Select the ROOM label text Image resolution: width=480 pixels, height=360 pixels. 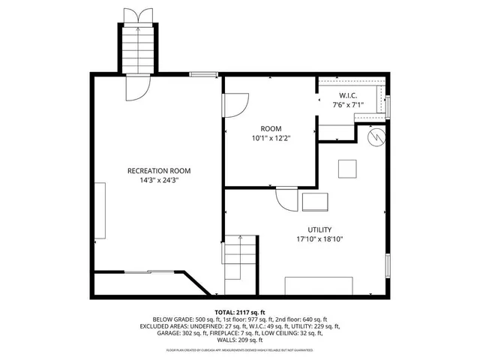[271, 128]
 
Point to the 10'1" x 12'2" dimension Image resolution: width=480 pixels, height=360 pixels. [271, 139]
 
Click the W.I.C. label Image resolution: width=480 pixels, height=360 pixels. [347, 95]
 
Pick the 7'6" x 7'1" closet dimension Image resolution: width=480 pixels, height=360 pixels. [347, 106]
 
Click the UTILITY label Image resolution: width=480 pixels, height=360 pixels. [319, 229]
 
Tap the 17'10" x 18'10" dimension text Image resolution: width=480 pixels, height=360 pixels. [319, 240]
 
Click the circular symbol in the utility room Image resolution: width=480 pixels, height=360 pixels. [376, 137]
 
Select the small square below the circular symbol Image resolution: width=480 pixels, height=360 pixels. [347, 169]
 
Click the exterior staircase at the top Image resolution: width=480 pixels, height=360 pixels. [137, 49]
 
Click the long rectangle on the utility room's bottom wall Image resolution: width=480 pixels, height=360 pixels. [319, 286]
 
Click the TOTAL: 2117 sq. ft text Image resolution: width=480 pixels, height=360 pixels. [240, 312]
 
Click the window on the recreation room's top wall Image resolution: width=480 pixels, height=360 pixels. [203, 73]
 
